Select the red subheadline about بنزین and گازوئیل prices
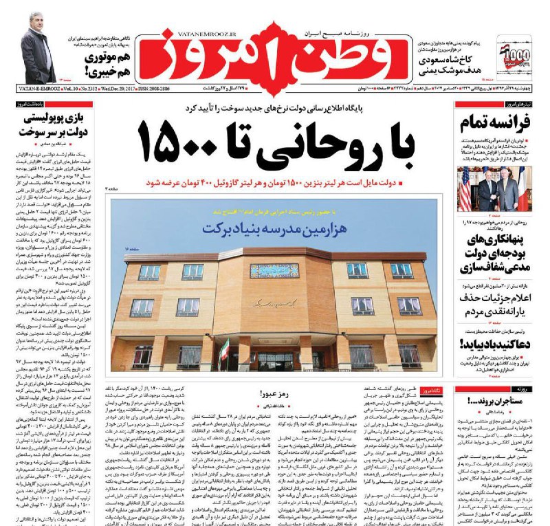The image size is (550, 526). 292,184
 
